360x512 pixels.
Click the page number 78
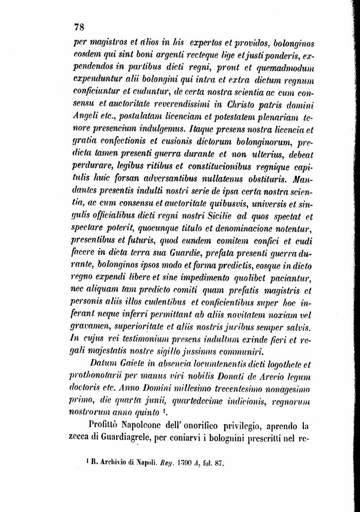(x=79, y=27)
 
